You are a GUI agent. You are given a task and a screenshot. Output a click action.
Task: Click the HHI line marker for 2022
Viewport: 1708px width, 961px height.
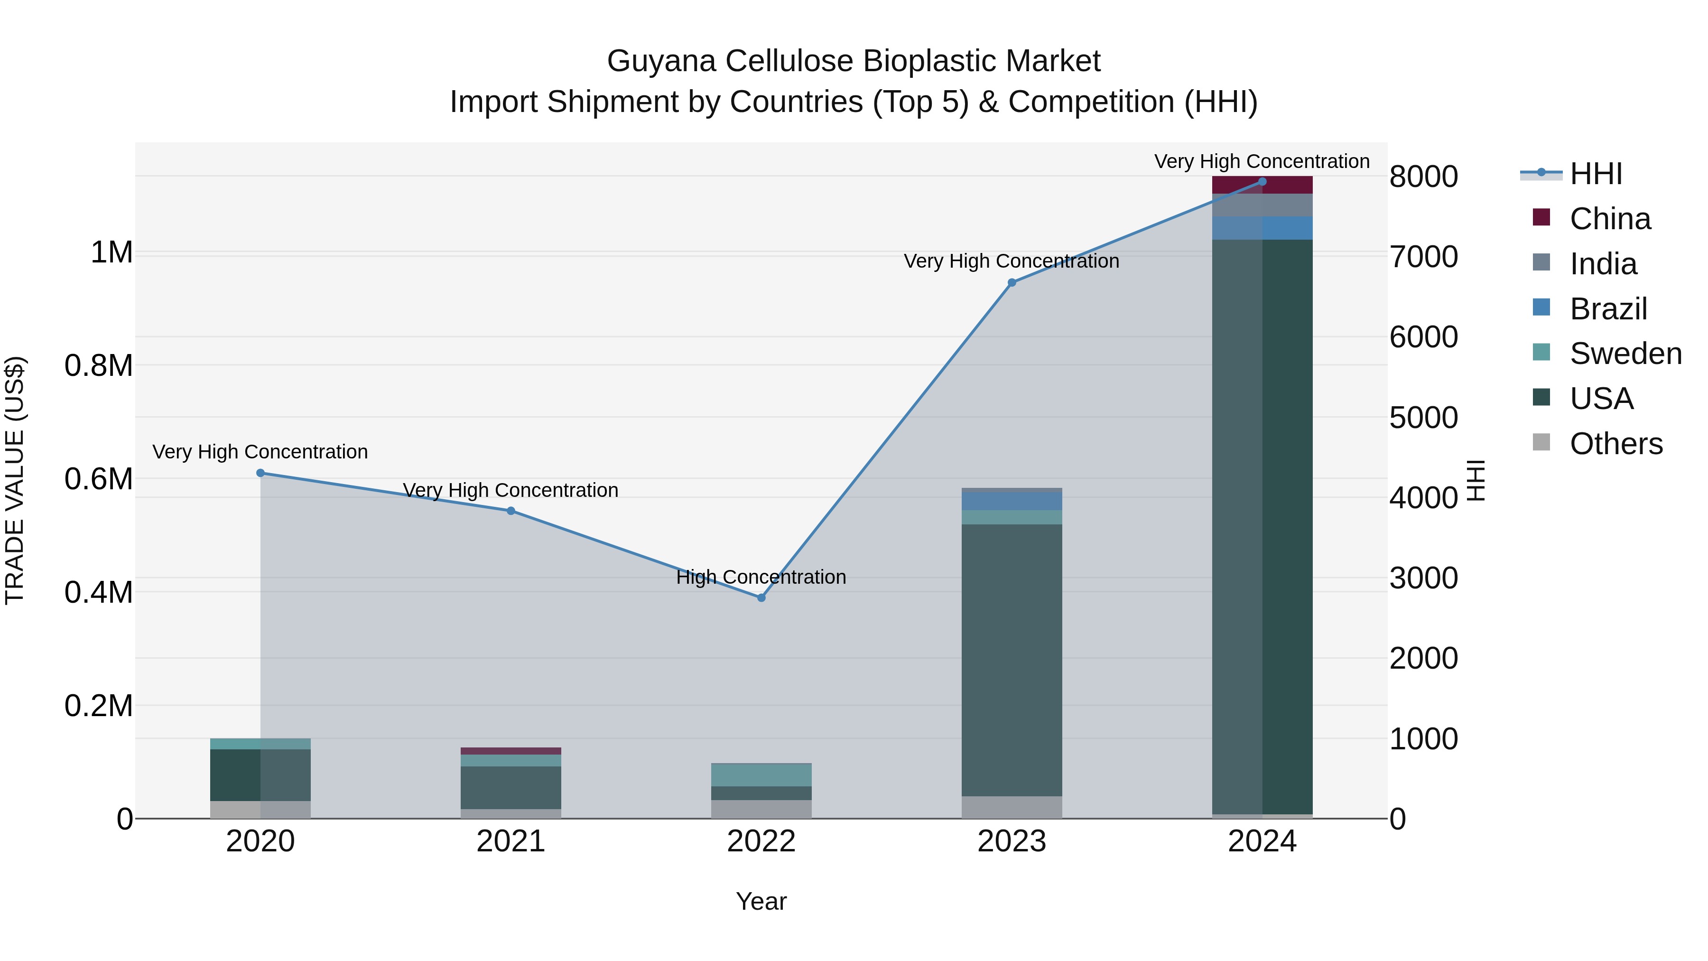click(761, 597)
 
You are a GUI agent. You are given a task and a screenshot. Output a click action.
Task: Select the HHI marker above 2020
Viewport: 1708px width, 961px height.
click(260, 473)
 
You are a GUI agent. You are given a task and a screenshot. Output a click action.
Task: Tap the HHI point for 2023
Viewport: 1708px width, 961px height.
click(1012, 282)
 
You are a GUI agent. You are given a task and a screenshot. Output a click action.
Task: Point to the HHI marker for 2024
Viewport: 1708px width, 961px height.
click(1262, 182)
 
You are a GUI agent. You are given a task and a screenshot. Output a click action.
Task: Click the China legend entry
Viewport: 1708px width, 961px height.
click(1609, 219)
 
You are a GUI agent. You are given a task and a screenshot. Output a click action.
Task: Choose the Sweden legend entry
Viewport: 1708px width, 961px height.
click(1625, 354)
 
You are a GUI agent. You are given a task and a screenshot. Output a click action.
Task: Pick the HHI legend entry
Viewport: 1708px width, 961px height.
click(1595, 174)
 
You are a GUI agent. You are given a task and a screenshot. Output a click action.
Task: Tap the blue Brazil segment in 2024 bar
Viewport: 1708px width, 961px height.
click(1262, 228)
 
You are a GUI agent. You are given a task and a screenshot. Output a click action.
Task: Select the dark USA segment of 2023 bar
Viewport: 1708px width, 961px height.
click(1012, 660)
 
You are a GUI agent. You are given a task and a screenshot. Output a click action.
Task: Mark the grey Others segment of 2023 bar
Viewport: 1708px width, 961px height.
click(1012, 807)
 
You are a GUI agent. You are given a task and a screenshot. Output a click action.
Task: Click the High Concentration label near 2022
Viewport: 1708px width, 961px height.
click(761, 577)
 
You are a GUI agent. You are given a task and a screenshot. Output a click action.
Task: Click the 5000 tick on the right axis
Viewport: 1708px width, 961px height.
click(1423, 418)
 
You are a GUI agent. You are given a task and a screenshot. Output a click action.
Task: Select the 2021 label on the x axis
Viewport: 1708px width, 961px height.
click(511, 841)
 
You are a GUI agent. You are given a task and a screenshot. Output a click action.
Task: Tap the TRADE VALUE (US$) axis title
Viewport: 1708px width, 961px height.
click(15, 480)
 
